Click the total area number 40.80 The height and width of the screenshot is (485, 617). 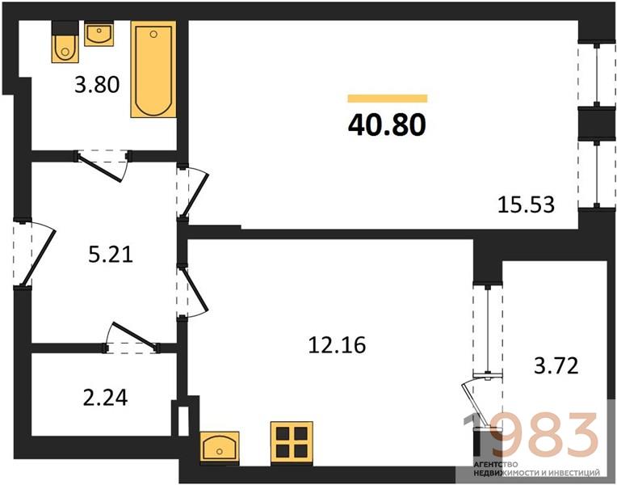tap(387, 124)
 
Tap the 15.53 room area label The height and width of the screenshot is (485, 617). tap(526, 205)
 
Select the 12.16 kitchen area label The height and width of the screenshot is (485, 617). tap(337, 344)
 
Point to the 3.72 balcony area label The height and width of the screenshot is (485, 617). tap(556, 365)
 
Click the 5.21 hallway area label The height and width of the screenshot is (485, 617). tap(111, 254)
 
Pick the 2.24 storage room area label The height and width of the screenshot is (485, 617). tap(106, 397)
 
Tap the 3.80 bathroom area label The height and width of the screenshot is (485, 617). tap(97, 85)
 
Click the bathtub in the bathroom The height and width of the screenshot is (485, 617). tap(153, 70)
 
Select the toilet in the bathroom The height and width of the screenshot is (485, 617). tap(65, 42)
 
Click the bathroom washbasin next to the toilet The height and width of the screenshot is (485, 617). tap(99, 34)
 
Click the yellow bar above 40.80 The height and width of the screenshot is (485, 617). tap(387, 99)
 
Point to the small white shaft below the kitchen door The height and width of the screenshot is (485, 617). tap(184, 421)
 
